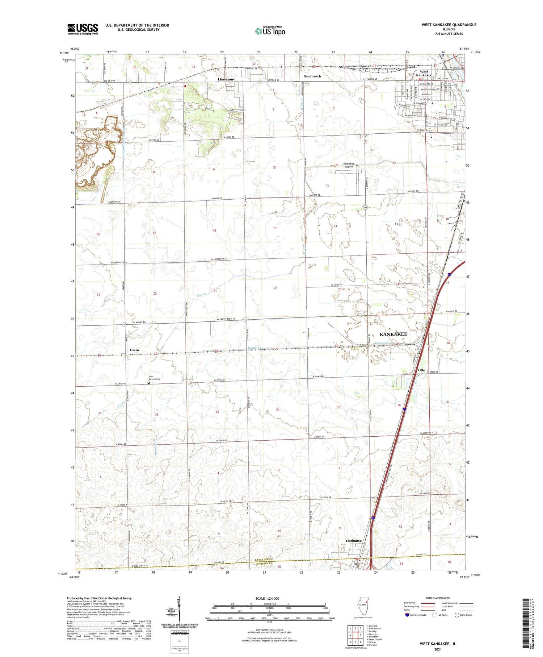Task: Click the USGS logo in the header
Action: click(83, 29)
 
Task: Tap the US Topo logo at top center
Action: click(270, 31)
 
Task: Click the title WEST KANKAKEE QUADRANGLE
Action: click(449, 25)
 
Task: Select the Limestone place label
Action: click(226, 79)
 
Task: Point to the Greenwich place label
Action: click(312, 76)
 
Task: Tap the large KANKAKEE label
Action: click(393, 334)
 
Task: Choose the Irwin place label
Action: click(134, 350)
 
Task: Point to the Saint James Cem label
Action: click(152, 378)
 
